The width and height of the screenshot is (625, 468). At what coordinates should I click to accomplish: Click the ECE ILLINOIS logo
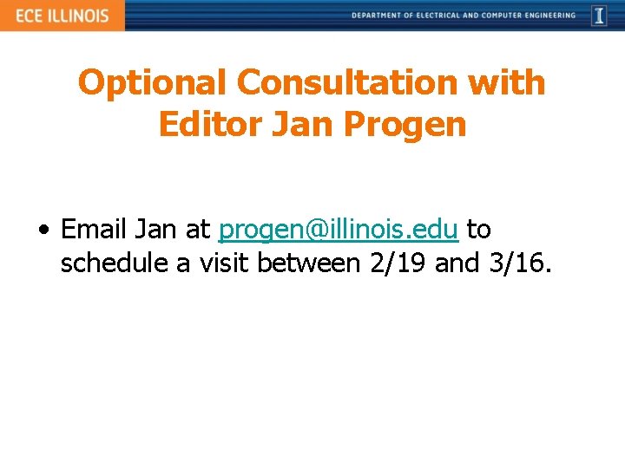(62, 16)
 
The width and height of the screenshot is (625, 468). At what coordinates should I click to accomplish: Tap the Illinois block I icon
(599, 16)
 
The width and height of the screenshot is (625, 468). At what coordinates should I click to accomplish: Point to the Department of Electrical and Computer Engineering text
(464, 16)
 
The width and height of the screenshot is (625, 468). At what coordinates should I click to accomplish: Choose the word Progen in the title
(405, 125)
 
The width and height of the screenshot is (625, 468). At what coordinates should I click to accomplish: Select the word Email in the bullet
(95, 230)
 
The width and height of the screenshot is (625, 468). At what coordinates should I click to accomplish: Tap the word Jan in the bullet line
(156, 230)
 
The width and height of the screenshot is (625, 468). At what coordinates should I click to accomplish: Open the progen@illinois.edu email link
(338, 231)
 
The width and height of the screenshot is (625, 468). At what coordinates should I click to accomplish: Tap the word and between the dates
(457, 263)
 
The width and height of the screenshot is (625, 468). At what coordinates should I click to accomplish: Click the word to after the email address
(479, 230)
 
